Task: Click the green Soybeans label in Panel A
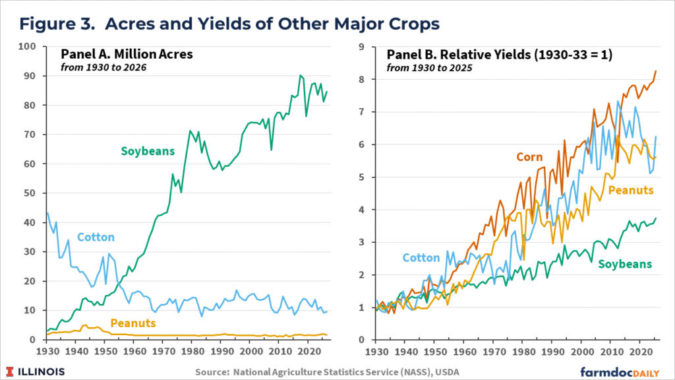pos(147,151)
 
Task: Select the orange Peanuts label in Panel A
pos(132,323)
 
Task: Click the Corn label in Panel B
pos(529,157)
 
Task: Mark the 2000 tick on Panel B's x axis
pos(582,352)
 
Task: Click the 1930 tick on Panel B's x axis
pos(376,352)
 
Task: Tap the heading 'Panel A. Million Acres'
pos(127,54)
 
